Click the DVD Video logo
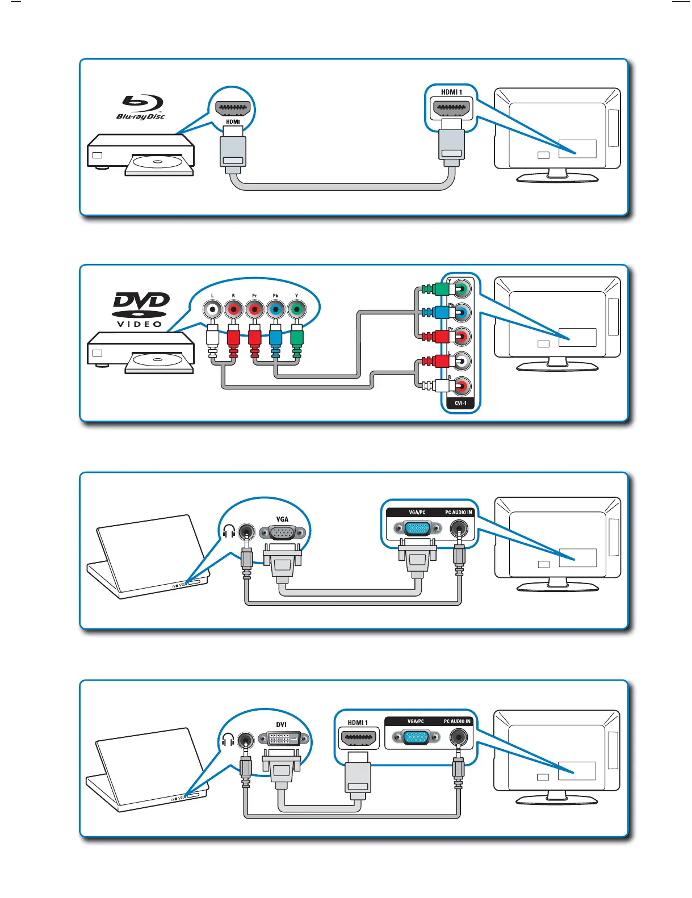(x=141, y=309)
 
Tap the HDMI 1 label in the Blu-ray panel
(x=451, y=92)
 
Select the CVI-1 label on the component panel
(x=460, y=404)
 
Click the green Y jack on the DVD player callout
(x=296, y=310)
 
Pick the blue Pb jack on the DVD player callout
(x=275, y=310)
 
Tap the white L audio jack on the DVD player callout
(x=212, y=310)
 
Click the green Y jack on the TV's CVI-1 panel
(x=462, y=289)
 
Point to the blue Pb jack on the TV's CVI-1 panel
(x=462, y=312)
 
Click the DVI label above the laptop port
(x=281, y=725)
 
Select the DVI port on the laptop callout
(x=284, y=738)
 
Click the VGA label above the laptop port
(x=282, y=519)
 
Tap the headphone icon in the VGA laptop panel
(x=229, y=531)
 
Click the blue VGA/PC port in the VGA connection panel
(x=418, y=528)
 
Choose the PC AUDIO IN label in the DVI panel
(x=457, y=721)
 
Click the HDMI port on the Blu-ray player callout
(x=233, y=108)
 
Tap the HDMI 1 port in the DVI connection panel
(x=358, y=738)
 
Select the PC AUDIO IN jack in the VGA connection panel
(x=459, y=529)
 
